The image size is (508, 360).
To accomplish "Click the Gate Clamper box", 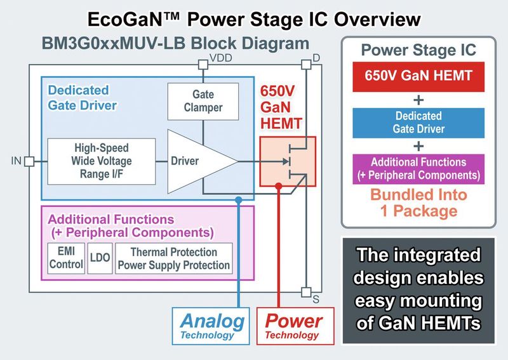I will coord(203,100).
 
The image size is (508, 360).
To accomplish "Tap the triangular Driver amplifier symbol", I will coord(190,161).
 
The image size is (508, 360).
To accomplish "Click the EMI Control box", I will coord(65,258).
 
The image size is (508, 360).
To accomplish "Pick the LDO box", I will coord(98,258).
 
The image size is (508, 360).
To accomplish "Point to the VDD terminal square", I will coord(203,63).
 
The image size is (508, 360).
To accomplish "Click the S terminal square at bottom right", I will coord(305,291).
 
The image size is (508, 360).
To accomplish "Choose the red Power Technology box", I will coord(292,325).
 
